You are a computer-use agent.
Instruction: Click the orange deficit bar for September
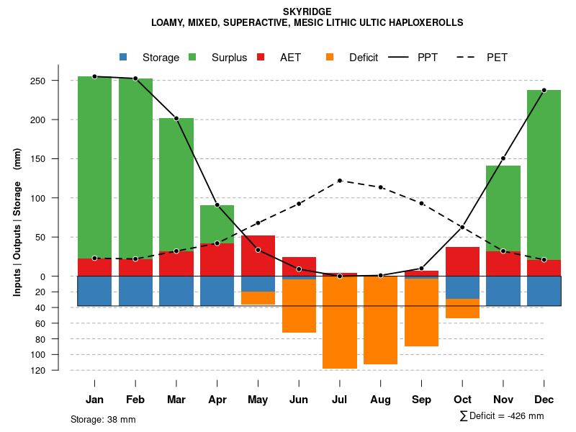pyautogui.click(x=421, y=312)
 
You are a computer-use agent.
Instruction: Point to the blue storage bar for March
pyautogui.click(x=176, y=291)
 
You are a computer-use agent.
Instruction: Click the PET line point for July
pyautogui.click(x=340, y=181)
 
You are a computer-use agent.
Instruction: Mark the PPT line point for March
pyautogui.click(x=176, y=118)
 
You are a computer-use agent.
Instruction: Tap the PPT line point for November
pyautogui.click(x=503, y=158)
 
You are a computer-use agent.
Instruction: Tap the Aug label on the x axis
pyautogui.click(x=380, y=400)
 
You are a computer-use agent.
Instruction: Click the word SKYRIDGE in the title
pyautogui.click(x=307, y=12)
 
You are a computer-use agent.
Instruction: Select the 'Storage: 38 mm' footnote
pyautogui.click(x=103, y=419)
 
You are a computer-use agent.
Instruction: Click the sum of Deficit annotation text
pyautogui.click(x=502, y=415)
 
